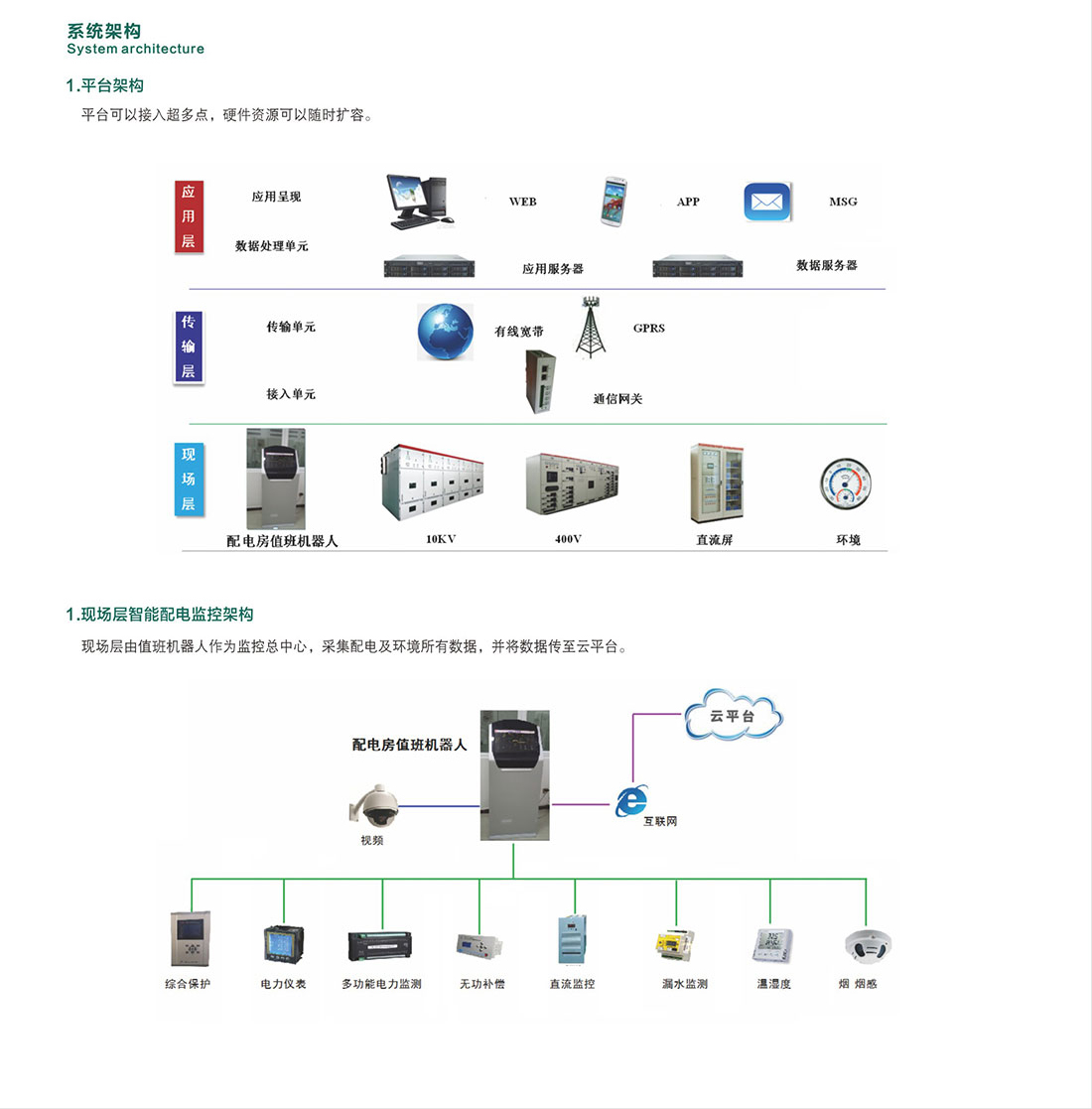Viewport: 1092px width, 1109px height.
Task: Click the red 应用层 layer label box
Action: tap(188, 216)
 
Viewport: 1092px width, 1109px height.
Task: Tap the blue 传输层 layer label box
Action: tap(188, 347)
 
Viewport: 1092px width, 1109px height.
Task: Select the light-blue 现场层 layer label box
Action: tap(188, 480)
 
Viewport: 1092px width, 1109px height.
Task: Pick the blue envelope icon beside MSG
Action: tap(767, 203)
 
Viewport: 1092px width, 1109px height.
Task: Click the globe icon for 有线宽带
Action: tap(445, 332)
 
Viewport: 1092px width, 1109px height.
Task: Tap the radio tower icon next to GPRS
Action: tap(591, 326)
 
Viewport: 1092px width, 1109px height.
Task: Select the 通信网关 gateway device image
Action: tap(540, 381)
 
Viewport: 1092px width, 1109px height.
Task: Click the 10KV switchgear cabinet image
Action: tap(432, 484)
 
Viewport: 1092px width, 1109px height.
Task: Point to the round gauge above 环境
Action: tap(846, 485)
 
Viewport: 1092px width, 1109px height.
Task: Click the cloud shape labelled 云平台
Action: tap(733, 716)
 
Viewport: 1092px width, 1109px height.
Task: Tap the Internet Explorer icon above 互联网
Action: tap(631, 800)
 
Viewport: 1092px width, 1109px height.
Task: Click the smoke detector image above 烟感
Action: tap(867, 945)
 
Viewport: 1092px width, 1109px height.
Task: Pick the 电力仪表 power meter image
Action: tap(283, 943)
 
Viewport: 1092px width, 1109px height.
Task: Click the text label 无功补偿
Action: tap(481, 984)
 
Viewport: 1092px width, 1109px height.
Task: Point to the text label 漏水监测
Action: tap(685, 984)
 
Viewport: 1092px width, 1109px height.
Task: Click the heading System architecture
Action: tap(136, 49)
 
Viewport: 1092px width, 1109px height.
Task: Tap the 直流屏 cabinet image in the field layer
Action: tap(716, 484)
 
